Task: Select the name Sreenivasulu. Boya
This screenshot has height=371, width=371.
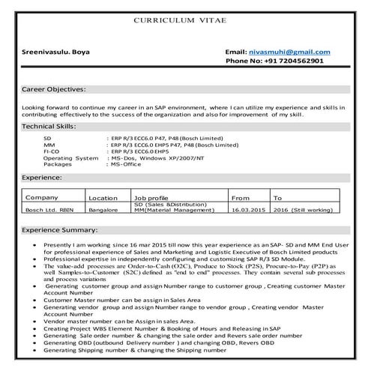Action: pyautogui.click(x=58, y=51)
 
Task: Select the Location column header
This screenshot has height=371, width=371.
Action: pyautogui.click(x=102, y=198)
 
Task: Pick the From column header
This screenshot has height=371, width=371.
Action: pyautogui.click(x=241, y=198)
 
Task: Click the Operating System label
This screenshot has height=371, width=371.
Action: pyautogui.click(x=70, y=158)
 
